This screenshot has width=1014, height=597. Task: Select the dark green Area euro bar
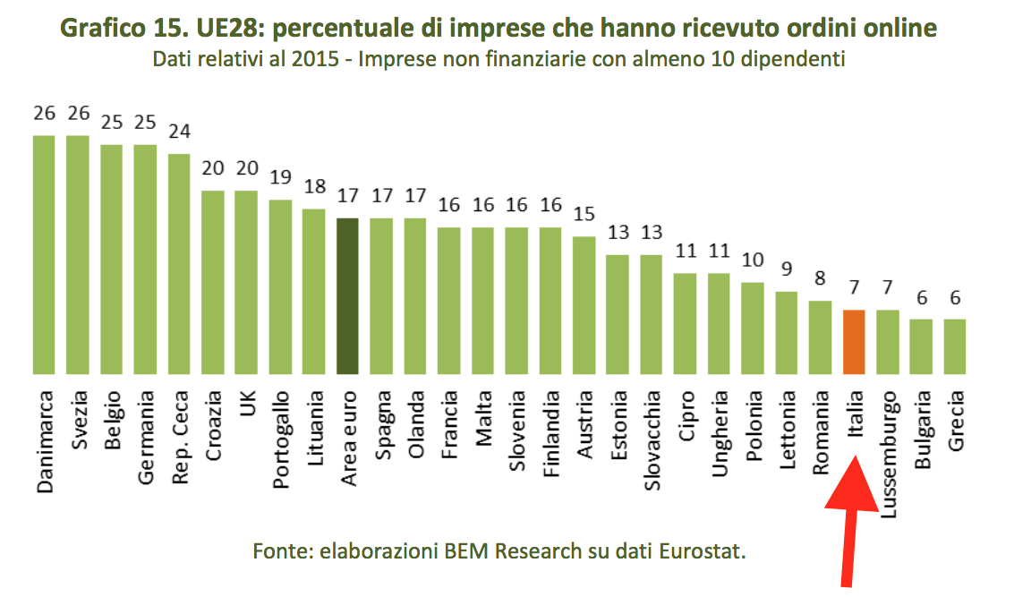coord(347,295)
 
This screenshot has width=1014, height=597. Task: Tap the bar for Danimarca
coord(44,254)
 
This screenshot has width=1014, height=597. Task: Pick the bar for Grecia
coord(955,345)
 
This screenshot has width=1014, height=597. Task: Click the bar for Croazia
coord(212,281)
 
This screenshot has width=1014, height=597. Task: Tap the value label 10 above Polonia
coord(753,260)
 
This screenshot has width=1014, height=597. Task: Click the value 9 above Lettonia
coord(787,269)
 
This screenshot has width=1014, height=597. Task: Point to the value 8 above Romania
coord(820,279)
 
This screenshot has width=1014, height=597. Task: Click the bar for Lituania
coord(313,291)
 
